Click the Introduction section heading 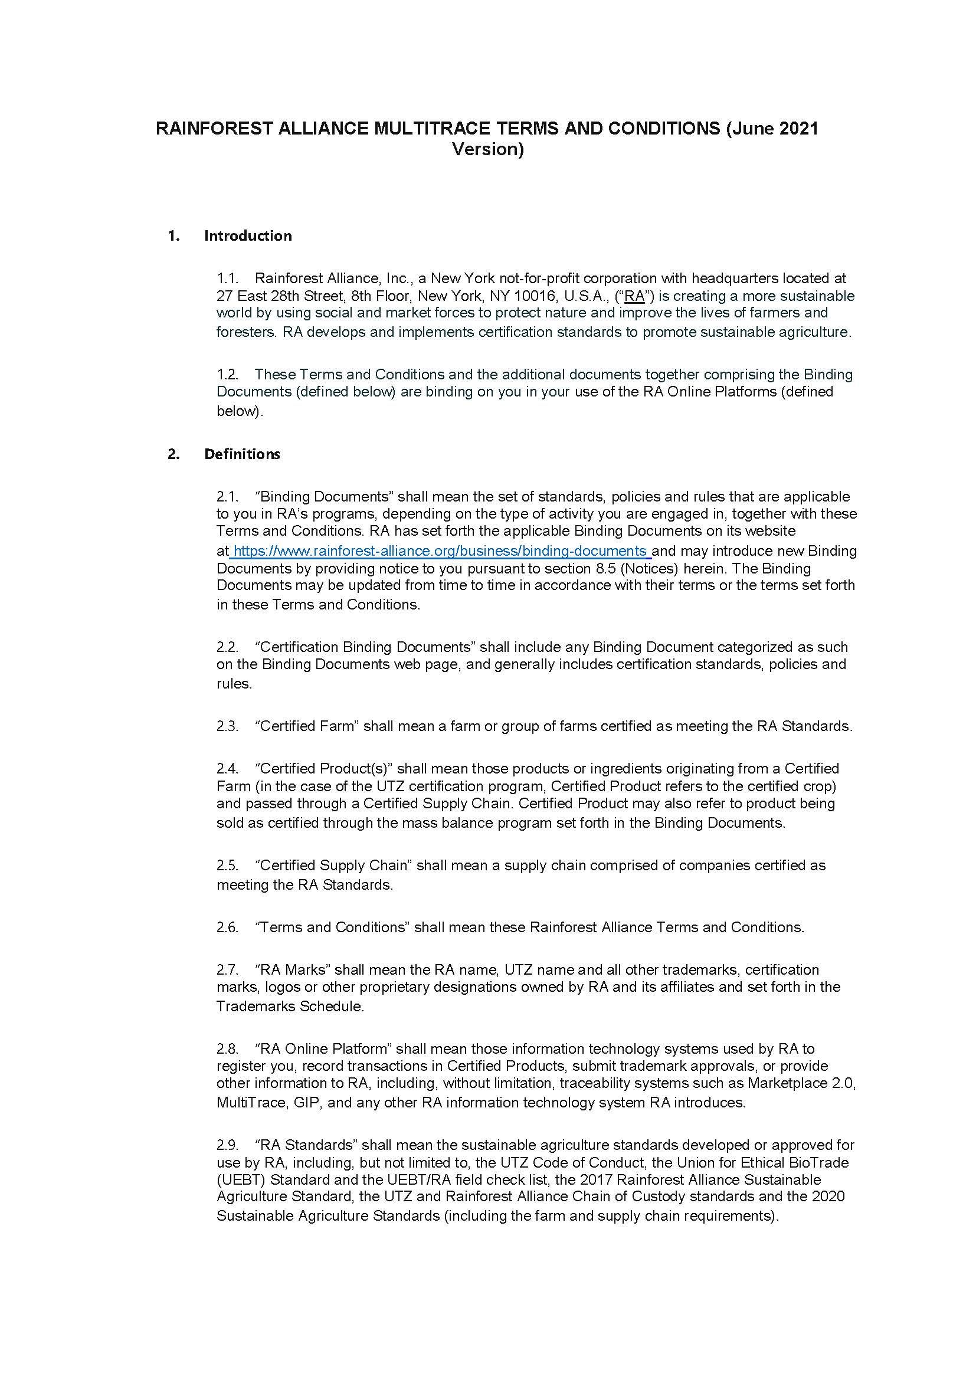[248, 235]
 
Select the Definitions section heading [242, 454]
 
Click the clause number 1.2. [228, 375]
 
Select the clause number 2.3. [228, 726]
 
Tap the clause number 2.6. [228, 927]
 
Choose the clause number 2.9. [228, 1145]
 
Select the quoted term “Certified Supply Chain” [333, 865]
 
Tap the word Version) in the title [487, 149]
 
